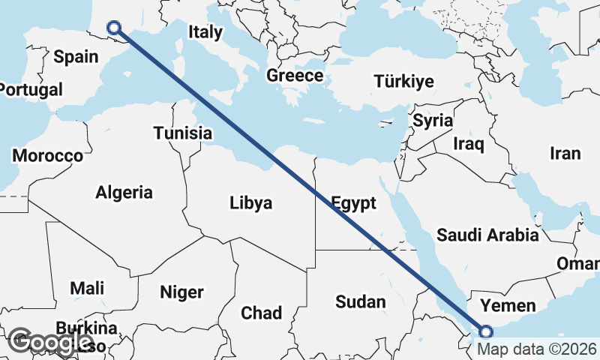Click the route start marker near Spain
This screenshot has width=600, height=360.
(x=114, y=28)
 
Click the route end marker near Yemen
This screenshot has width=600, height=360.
(x=486, y=331)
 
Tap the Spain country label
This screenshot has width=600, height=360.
(x=76, y=56)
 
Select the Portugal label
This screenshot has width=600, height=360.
(x=30, y=90)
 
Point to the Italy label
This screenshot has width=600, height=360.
(x=205, y=32)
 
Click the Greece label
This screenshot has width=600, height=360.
(x=295, y=76)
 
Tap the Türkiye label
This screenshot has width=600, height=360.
(x=403, y=81)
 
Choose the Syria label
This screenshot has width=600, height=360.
(x=433, y=121)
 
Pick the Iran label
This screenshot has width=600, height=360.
(x=565, y=154)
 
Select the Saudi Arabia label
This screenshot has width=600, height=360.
(x=487, y=235)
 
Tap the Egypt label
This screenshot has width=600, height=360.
(x=352, y=203)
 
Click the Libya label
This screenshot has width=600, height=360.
(x=250, y=202)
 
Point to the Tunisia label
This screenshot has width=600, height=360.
(x=183, y=133)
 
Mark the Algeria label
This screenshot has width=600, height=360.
(x=124, y=192)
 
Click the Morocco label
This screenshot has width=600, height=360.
(x=47, y=156)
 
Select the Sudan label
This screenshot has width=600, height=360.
(x=361, y=301)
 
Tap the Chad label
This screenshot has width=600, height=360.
(x=261, y=313)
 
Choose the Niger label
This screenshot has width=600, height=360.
(x=181, y=291)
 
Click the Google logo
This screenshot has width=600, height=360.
(x=50, y=342)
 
